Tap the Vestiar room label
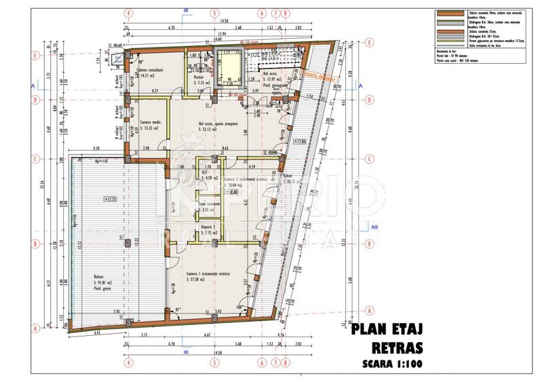(199, 78)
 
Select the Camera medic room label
(150, 123)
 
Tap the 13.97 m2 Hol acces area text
(273, 81)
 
